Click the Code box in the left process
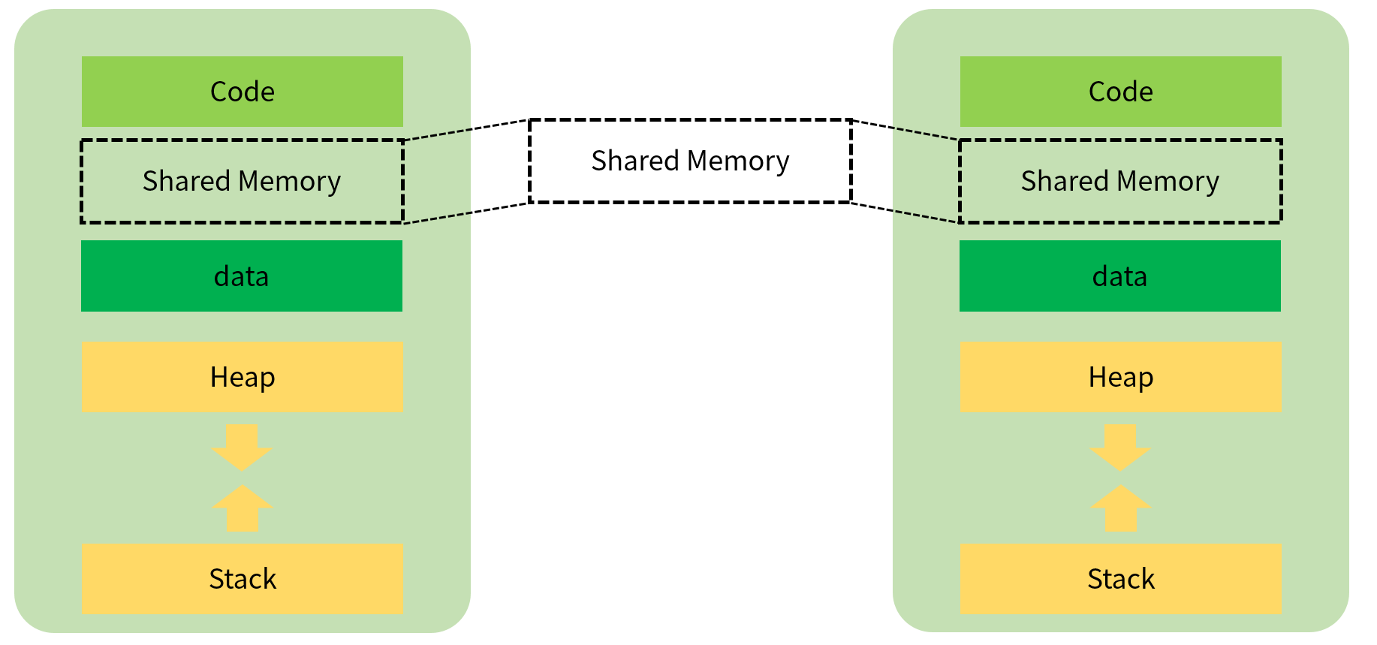click(242, 92)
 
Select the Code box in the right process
click(1120, 92)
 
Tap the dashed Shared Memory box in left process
click(242, 181)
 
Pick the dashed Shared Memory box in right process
click(1120, 181)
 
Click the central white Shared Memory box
click(690, 161)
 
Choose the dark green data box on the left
click(242, 276)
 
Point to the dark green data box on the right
click(1120, 276)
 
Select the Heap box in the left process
click(242, 377)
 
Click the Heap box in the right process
click(1120, 377)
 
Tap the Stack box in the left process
click(242, 579)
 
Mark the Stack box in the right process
click(1120, 579)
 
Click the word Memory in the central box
click(738, 161)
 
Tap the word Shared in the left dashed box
click(186, 181)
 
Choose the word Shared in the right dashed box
click(1065, 181)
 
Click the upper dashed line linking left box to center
click(467, 129)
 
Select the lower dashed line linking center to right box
click(905, 212)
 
